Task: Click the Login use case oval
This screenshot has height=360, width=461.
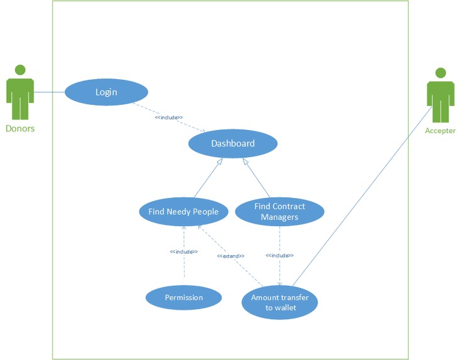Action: pyautogui.click(x=106, y=92)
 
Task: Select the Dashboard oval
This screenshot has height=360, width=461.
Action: pyautogui.click(x=233, y=144)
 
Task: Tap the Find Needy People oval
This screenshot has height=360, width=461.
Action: pyautogui.click(x=183, y=212)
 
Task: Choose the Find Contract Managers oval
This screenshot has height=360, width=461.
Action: pyautogui.click(x=279, y=212)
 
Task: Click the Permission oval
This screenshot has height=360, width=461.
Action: pyautogui.click(x=184, y=297)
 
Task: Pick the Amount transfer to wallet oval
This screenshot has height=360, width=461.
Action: pyautogui.click(x=279, y=302)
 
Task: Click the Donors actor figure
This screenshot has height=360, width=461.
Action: pyautogui.click(x=20, y=94)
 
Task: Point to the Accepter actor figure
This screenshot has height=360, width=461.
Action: pyautogui.click(x=440, y=97)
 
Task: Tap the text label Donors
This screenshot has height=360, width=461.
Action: pyautogui.click(x=20, y=129)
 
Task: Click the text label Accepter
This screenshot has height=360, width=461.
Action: pyautogui.click(x=440, y=131)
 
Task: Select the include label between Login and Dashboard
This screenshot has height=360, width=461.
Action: pyautogui.click(x=169, y=117)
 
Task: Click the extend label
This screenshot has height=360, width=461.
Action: pyautogui.click(x=230, y=256)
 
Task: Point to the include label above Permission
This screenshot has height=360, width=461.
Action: pyautogui.click(x=184, y=252)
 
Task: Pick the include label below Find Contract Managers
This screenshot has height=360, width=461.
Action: pyautogui.click(x=279, y=256)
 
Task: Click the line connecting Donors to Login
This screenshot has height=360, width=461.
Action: pyautogui.click(x=49, y=92)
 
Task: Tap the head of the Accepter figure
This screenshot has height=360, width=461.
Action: pyautogui.click(x=440, y=72)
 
